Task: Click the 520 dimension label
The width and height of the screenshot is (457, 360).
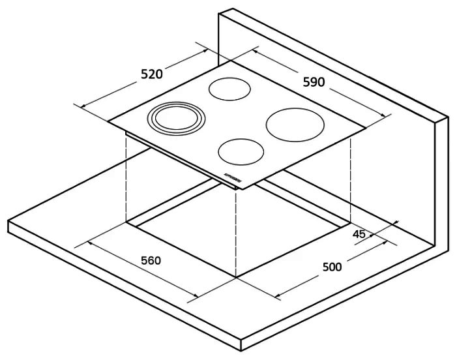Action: click(x=151, y=74)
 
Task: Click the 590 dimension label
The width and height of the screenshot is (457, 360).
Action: click(x=314, y=82)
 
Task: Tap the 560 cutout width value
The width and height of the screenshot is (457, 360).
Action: click(x=151, y=261)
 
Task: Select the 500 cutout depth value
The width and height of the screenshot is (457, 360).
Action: click(x=332, y=266)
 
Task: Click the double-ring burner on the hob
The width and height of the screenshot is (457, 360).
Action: click(x=175, y=119)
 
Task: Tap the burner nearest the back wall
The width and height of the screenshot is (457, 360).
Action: click(x=228, y=89)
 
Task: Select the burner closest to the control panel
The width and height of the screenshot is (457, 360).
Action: click(x=241, y=151)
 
